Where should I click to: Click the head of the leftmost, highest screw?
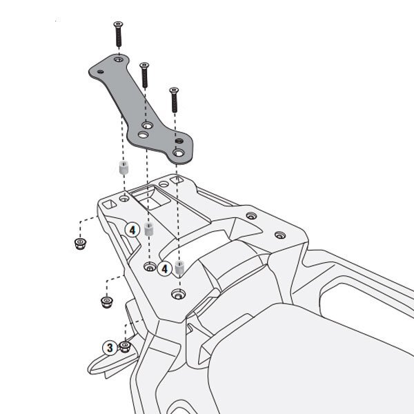point(118,24)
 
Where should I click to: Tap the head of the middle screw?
point(144,65)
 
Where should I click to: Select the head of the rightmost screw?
point(174,90)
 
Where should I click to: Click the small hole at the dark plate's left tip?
point(100,72)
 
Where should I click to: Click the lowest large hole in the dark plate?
point(179,153)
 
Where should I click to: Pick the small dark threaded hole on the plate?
point(179,141)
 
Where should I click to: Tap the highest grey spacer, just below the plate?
point(124,168)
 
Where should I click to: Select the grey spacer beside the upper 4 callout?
point(150,229)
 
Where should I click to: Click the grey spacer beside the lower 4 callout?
point(180,267)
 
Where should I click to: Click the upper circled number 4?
point(132,230)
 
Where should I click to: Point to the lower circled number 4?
point(164,269)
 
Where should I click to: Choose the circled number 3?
point(110,348)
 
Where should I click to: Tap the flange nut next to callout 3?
point(125,346)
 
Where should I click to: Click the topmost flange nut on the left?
point(80,244)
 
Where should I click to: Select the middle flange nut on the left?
point(107,302)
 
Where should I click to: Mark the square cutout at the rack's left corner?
point(109,204)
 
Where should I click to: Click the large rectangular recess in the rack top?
point(151,197)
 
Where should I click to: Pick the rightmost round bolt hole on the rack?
point(280,235)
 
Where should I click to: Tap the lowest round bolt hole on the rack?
point(179,294)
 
